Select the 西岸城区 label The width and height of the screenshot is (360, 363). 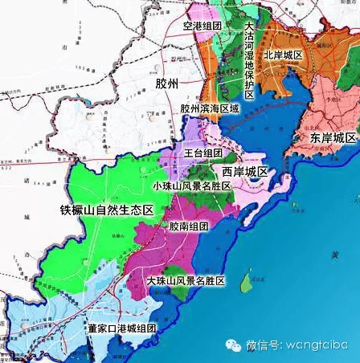pyautogui.click(x=244, y=173)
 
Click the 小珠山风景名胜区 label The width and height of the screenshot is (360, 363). pyautogui.click(x=191, y=186)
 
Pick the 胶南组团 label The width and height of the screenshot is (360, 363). pyautogui.click(x=189, y=227)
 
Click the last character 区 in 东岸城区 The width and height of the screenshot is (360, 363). pyautogui.click(x=350, y=138)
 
